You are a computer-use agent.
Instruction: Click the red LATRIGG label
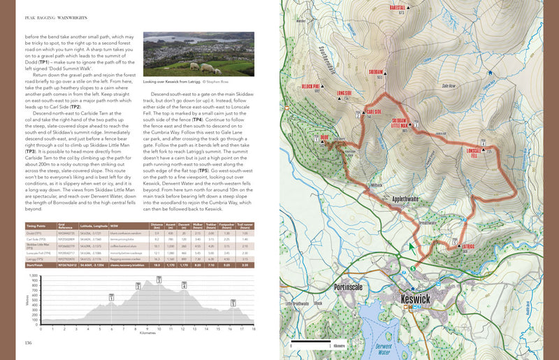click(x=468, y=245)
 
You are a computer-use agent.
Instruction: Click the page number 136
click(x=29, y=342)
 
